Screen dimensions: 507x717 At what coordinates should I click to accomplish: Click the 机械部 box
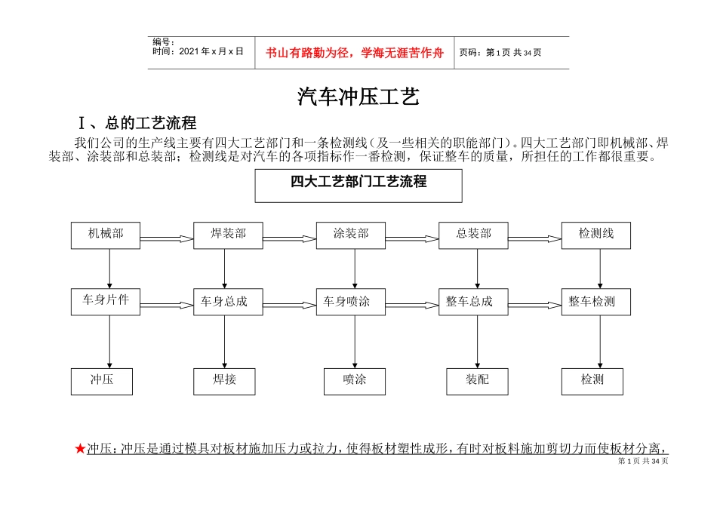click(106, 235)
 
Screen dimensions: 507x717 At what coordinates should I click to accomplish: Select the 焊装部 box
click(228, 235)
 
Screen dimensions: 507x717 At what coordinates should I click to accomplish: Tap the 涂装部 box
click(351, 235)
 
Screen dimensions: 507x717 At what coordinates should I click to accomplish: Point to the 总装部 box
click(473, 235)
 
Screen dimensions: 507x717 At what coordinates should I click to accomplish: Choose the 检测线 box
click(595, 235)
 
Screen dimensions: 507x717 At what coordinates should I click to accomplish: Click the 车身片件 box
click(106, 301)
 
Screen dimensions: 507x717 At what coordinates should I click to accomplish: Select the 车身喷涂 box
click(351, 302)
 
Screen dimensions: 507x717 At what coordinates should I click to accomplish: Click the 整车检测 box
click(595, 302)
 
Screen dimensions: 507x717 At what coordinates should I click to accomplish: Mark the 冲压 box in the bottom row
click(102, 380)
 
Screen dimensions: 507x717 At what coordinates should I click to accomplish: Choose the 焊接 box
click(224, 380)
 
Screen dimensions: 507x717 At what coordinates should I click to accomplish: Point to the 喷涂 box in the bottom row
click(354, 380)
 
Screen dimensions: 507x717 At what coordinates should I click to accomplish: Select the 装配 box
click(477, 380)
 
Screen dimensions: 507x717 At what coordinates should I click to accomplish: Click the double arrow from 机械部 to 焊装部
click(166, 238)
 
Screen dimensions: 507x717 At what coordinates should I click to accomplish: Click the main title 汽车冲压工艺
click(358, 97)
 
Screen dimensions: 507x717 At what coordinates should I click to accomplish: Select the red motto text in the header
click(354, 53)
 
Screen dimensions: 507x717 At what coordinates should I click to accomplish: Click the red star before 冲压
click(80, 449)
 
